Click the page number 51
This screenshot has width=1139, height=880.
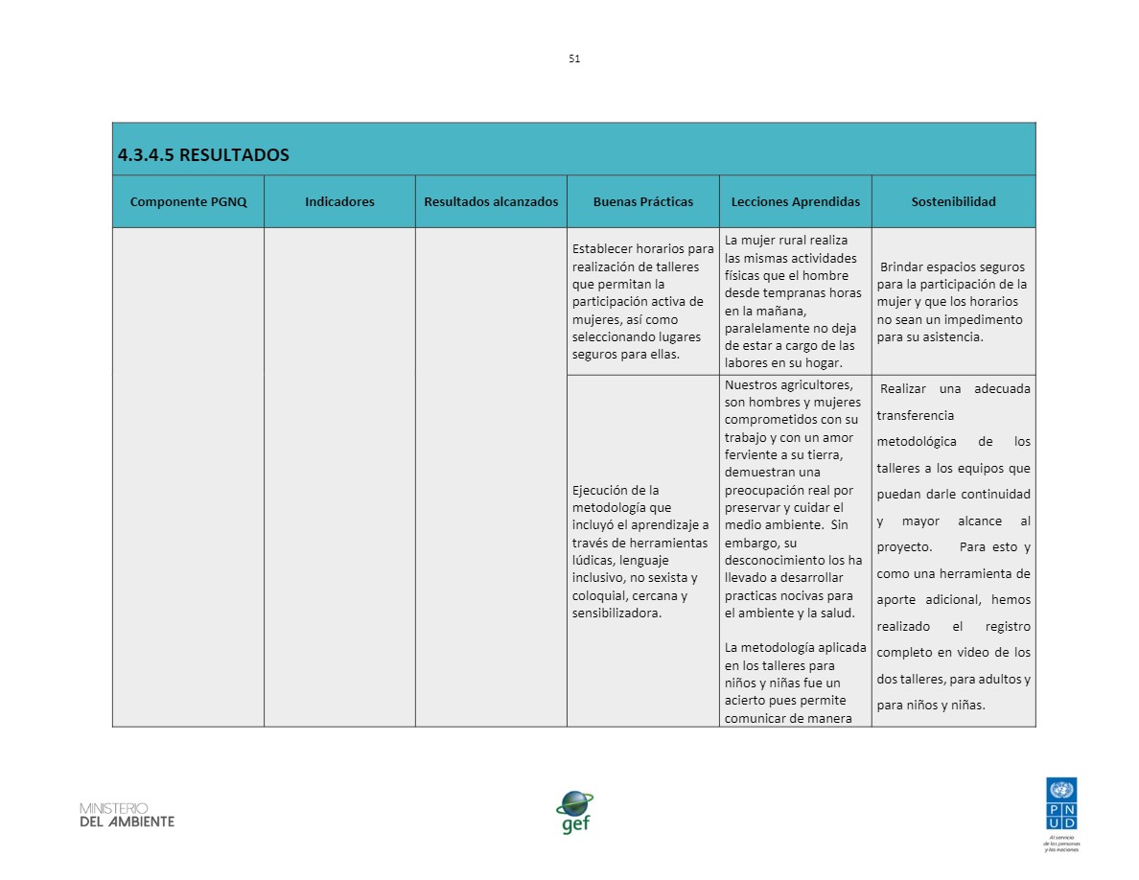click(574, 58)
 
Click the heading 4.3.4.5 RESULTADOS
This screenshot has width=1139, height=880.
click(203, 154)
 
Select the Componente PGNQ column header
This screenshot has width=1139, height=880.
click(188, 201)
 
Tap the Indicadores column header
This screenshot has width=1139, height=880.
click(339, 201)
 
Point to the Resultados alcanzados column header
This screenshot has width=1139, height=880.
click(491, 201)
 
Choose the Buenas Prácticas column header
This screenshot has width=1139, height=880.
click(642, 201)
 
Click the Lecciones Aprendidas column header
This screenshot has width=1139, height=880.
click(795, 201)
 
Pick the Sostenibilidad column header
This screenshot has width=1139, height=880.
click(953, 201)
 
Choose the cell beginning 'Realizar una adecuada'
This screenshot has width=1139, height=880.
click(953, 547)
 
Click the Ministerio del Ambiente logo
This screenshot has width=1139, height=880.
click(128, 815)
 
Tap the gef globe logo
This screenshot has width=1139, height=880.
click(575, 811)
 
